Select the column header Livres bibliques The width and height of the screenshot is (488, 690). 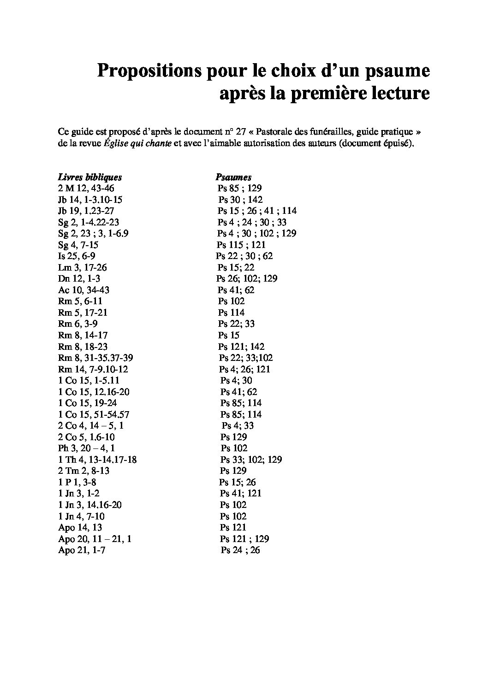tap(90, 177)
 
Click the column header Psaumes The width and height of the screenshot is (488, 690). tap(233, 177)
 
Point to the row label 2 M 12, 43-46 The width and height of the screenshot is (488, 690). tap(86, 188)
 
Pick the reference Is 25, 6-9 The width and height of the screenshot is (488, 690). tap(77, 256)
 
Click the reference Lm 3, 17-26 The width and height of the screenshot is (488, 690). tap(83, 267)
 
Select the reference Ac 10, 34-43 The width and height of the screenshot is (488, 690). tap(83, 290)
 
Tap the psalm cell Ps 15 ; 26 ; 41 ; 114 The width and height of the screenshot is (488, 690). tap(257, 211)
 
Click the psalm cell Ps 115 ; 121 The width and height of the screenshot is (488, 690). tap(241, 245)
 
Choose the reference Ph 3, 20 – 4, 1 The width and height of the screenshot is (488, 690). tap(87, 448)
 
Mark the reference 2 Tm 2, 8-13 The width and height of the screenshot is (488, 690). tap(84, 471)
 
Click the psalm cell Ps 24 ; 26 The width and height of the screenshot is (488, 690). tap(240, 550)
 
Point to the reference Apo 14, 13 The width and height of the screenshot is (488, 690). tap(80, 527)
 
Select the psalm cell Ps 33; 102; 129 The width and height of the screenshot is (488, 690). tap(251, 460)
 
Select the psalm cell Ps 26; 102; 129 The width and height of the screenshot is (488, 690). tap(247, 278)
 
